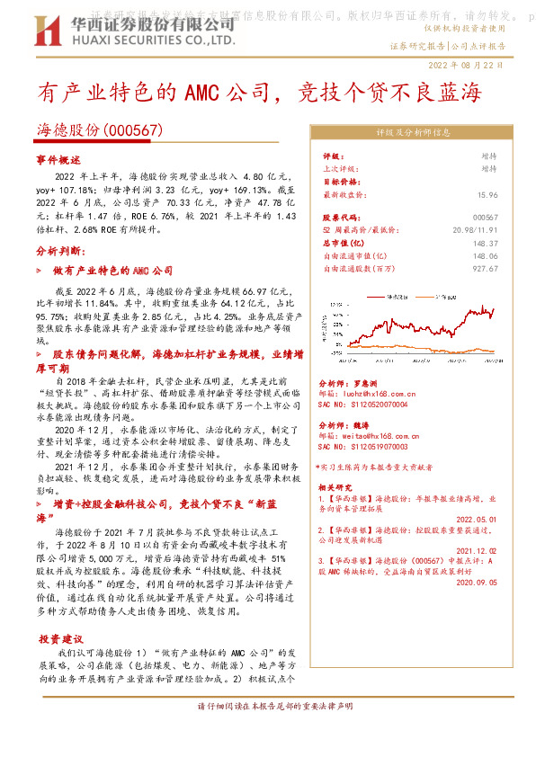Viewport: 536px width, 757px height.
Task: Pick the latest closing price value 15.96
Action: point(487,193)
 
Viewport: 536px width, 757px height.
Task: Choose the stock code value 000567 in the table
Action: point(485,217)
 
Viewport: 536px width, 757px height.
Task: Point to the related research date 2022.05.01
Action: point(476,519)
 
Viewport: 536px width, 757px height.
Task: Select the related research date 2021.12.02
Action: point(476,550)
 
